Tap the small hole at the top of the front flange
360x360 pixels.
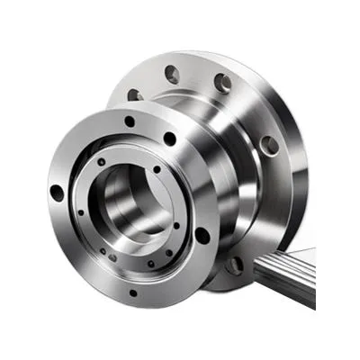point(130,121)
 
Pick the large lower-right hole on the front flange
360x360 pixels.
point(202,236)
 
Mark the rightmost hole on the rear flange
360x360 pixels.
point(267,144)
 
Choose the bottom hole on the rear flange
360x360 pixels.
point(235,265)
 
